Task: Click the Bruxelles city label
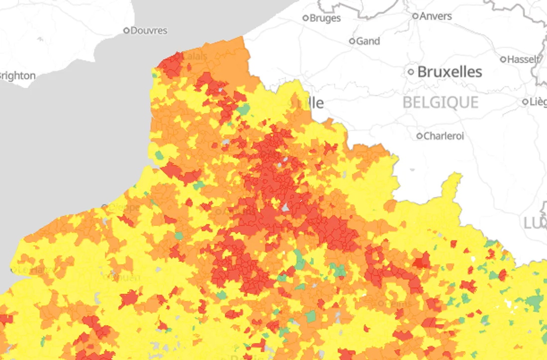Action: pyautogui.click(x=449, y=72)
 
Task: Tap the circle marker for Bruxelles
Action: pyautogui.click(x=411, y=72)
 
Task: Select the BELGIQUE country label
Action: pyautogui.click(x=440, y=102)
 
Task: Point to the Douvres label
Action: pyautogui.click(x=149, y=31)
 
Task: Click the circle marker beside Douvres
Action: pyautogui.click(x=126, y=31)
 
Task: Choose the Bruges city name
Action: pyautogui.click(x=325, y=18)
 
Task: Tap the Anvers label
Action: pyautogui.click(x=436, y=16)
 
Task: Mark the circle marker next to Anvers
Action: pyautogui.click(x=415, y=16)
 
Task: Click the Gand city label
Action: pyautogui.click(x=368, y=41)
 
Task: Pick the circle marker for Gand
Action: pyautogui.click(x=352, y=41)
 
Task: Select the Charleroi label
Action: pyautogui.click(x=444, y=136)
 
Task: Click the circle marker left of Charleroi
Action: pyautogui.click(x=420, y=136)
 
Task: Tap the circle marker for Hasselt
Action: pyautogui.click(x=503, y=59)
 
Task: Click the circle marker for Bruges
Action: pyautogui.click(x=306, y=18)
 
